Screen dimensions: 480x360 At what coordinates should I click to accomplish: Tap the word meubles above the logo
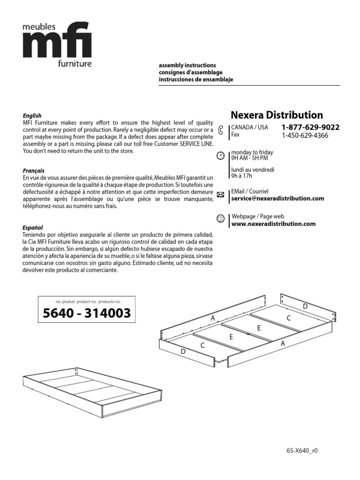pos(39,28)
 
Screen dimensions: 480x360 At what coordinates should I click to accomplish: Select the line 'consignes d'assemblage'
pos(190,73)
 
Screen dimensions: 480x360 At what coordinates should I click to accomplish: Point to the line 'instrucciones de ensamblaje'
pos(195,80)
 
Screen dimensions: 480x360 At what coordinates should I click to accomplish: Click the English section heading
pos(32,115)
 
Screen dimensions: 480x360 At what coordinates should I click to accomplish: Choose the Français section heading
pos(34,171)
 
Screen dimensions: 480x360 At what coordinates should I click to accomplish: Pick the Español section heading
pos(33,227)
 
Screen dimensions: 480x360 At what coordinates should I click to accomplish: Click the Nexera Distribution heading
pos(277,115)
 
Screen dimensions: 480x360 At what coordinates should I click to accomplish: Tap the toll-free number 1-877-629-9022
pos(310,127)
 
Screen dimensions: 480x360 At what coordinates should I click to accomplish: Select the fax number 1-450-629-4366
pos(305,135)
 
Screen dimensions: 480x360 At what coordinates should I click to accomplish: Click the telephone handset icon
pos(221,131)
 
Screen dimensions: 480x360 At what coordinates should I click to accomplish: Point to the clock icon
pos(221,156)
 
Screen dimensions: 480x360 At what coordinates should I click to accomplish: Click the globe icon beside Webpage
pos(221,219)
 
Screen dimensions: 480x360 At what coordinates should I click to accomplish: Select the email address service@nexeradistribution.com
pos(277,198)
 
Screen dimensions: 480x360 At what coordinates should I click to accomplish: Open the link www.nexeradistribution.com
pos(273,224)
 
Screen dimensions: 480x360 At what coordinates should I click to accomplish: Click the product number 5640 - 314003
pos(87,314)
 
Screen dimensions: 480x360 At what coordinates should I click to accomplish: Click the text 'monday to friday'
pos(252,152)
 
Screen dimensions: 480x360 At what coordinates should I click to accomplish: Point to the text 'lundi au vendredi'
pos(253,170)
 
